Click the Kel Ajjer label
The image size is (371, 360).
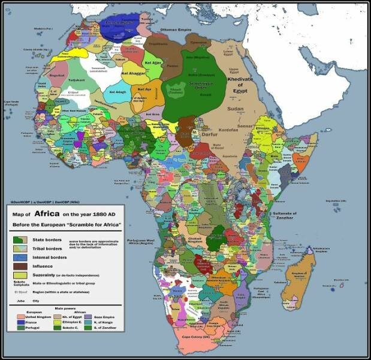click(x=153, y=62)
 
